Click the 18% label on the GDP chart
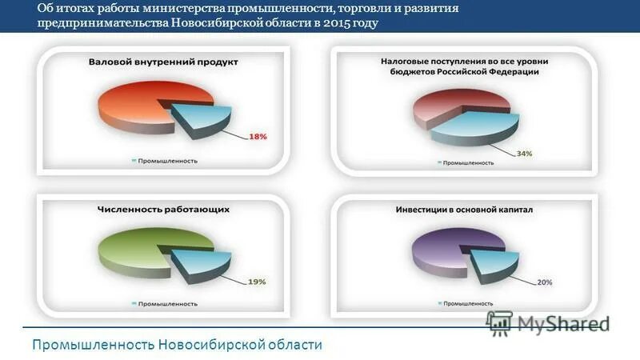click(x=258, y=137)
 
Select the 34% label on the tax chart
click(x=523, y=153)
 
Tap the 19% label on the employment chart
click(x=256, y=281)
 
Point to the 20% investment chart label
click(x=544, y=282)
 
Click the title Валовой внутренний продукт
click(x=163, y=62)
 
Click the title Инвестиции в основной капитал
click(x=463, y=210)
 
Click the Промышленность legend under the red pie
click(x=164, y=160)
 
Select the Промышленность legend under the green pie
click(x=164, y=304)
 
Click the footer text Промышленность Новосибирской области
click(x=177, y=345)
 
